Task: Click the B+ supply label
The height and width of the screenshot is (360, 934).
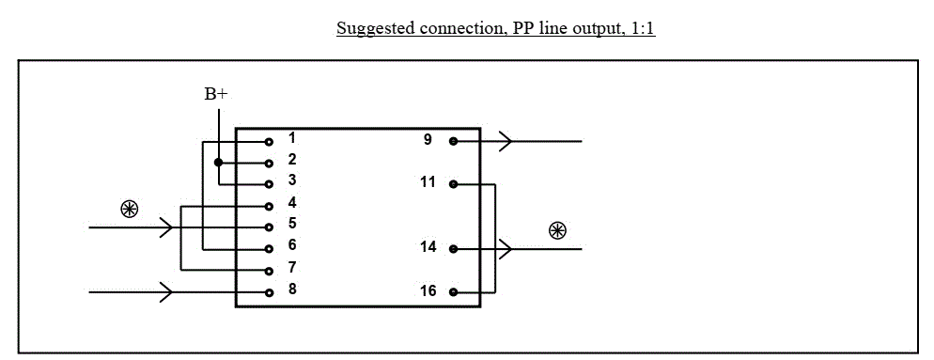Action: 215,94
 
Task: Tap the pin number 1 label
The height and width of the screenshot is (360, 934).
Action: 292,138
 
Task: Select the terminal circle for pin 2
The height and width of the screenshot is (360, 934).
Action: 270,164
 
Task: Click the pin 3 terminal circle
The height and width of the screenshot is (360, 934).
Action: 270,185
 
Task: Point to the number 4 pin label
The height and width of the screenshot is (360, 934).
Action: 292,203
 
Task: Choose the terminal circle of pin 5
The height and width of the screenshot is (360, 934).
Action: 270,227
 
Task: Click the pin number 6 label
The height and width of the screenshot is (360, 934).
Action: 292,245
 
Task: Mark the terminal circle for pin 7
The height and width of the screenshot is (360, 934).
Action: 270,272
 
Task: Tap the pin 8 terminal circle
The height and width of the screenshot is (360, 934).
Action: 270,292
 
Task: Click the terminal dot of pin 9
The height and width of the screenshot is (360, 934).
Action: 453,141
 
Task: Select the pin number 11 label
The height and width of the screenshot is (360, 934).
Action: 428,181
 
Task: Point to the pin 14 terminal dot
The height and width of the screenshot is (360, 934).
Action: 453,249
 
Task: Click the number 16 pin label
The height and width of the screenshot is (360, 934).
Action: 428,290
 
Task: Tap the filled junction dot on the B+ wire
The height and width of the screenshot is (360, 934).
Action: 219,163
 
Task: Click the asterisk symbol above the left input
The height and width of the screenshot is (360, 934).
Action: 130,210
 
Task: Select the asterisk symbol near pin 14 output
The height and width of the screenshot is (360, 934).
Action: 557,231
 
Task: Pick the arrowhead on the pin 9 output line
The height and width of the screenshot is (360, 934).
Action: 506,141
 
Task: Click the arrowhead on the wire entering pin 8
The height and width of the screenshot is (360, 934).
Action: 166,292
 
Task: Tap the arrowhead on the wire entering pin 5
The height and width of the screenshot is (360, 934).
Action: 166,227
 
